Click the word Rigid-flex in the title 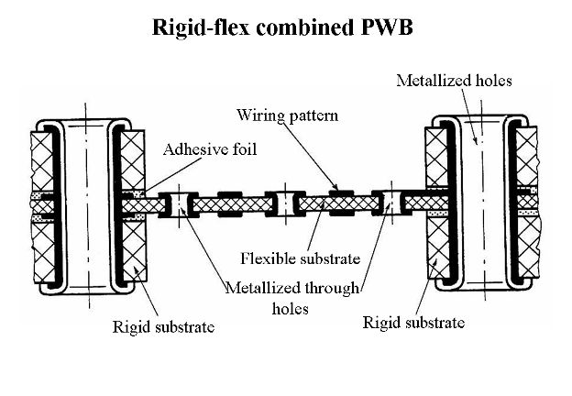(193, 27)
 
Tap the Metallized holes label (454, 81)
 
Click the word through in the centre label (329, 289)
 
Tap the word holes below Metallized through (291, 309)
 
